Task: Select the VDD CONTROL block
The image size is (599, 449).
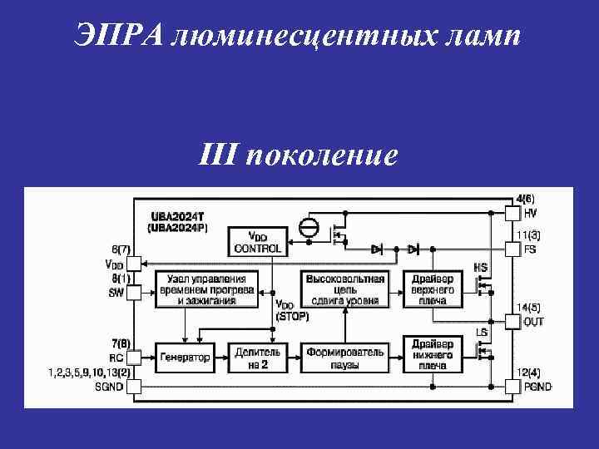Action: pos(257,240)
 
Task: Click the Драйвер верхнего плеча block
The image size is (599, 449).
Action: pos(433,289)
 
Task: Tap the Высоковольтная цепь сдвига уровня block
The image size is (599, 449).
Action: pos(344,289)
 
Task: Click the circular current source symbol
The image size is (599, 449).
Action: pos(309,224)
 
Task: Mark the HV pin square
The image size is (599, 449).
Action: pos(512,213)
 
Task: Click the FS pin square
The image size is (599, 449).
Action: pos(512,249)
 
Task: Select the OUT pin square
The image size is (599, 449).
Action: pos(512,321)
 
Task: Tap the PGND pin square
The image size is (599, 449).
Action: pos(512,386)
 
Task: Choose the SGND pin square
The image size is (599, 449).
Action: pos(134,386)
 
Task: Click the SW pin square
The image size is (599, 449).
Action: pos(134,292)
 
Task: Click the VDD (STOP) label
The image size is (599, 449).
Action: pos(291,310)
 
